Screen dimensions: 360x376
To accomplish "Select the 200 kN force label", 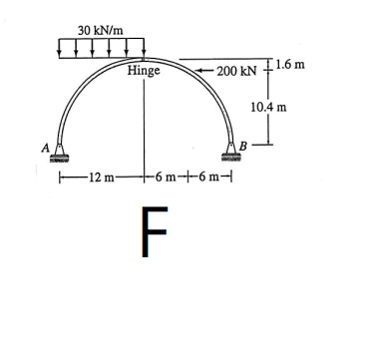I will [x=237, y=72].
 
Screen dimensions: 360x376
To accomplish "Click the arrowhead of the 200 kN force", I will [x=197, y=71].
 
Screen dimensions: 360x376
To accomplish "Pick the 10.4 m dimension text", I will [x=268, y=108].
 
